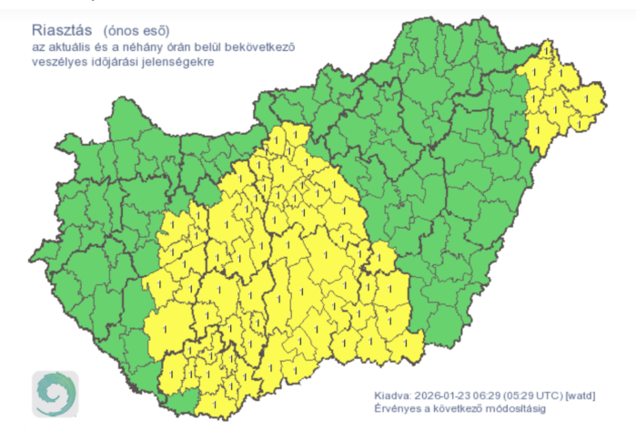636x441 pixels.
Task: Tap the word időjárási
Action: point(133,61)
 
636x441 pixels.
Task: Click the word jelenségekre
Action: point(202,61)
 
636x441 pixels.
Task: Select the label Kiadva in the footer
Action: point(392,396)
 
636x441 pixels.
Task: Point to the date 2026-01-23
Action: point(444,396)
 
